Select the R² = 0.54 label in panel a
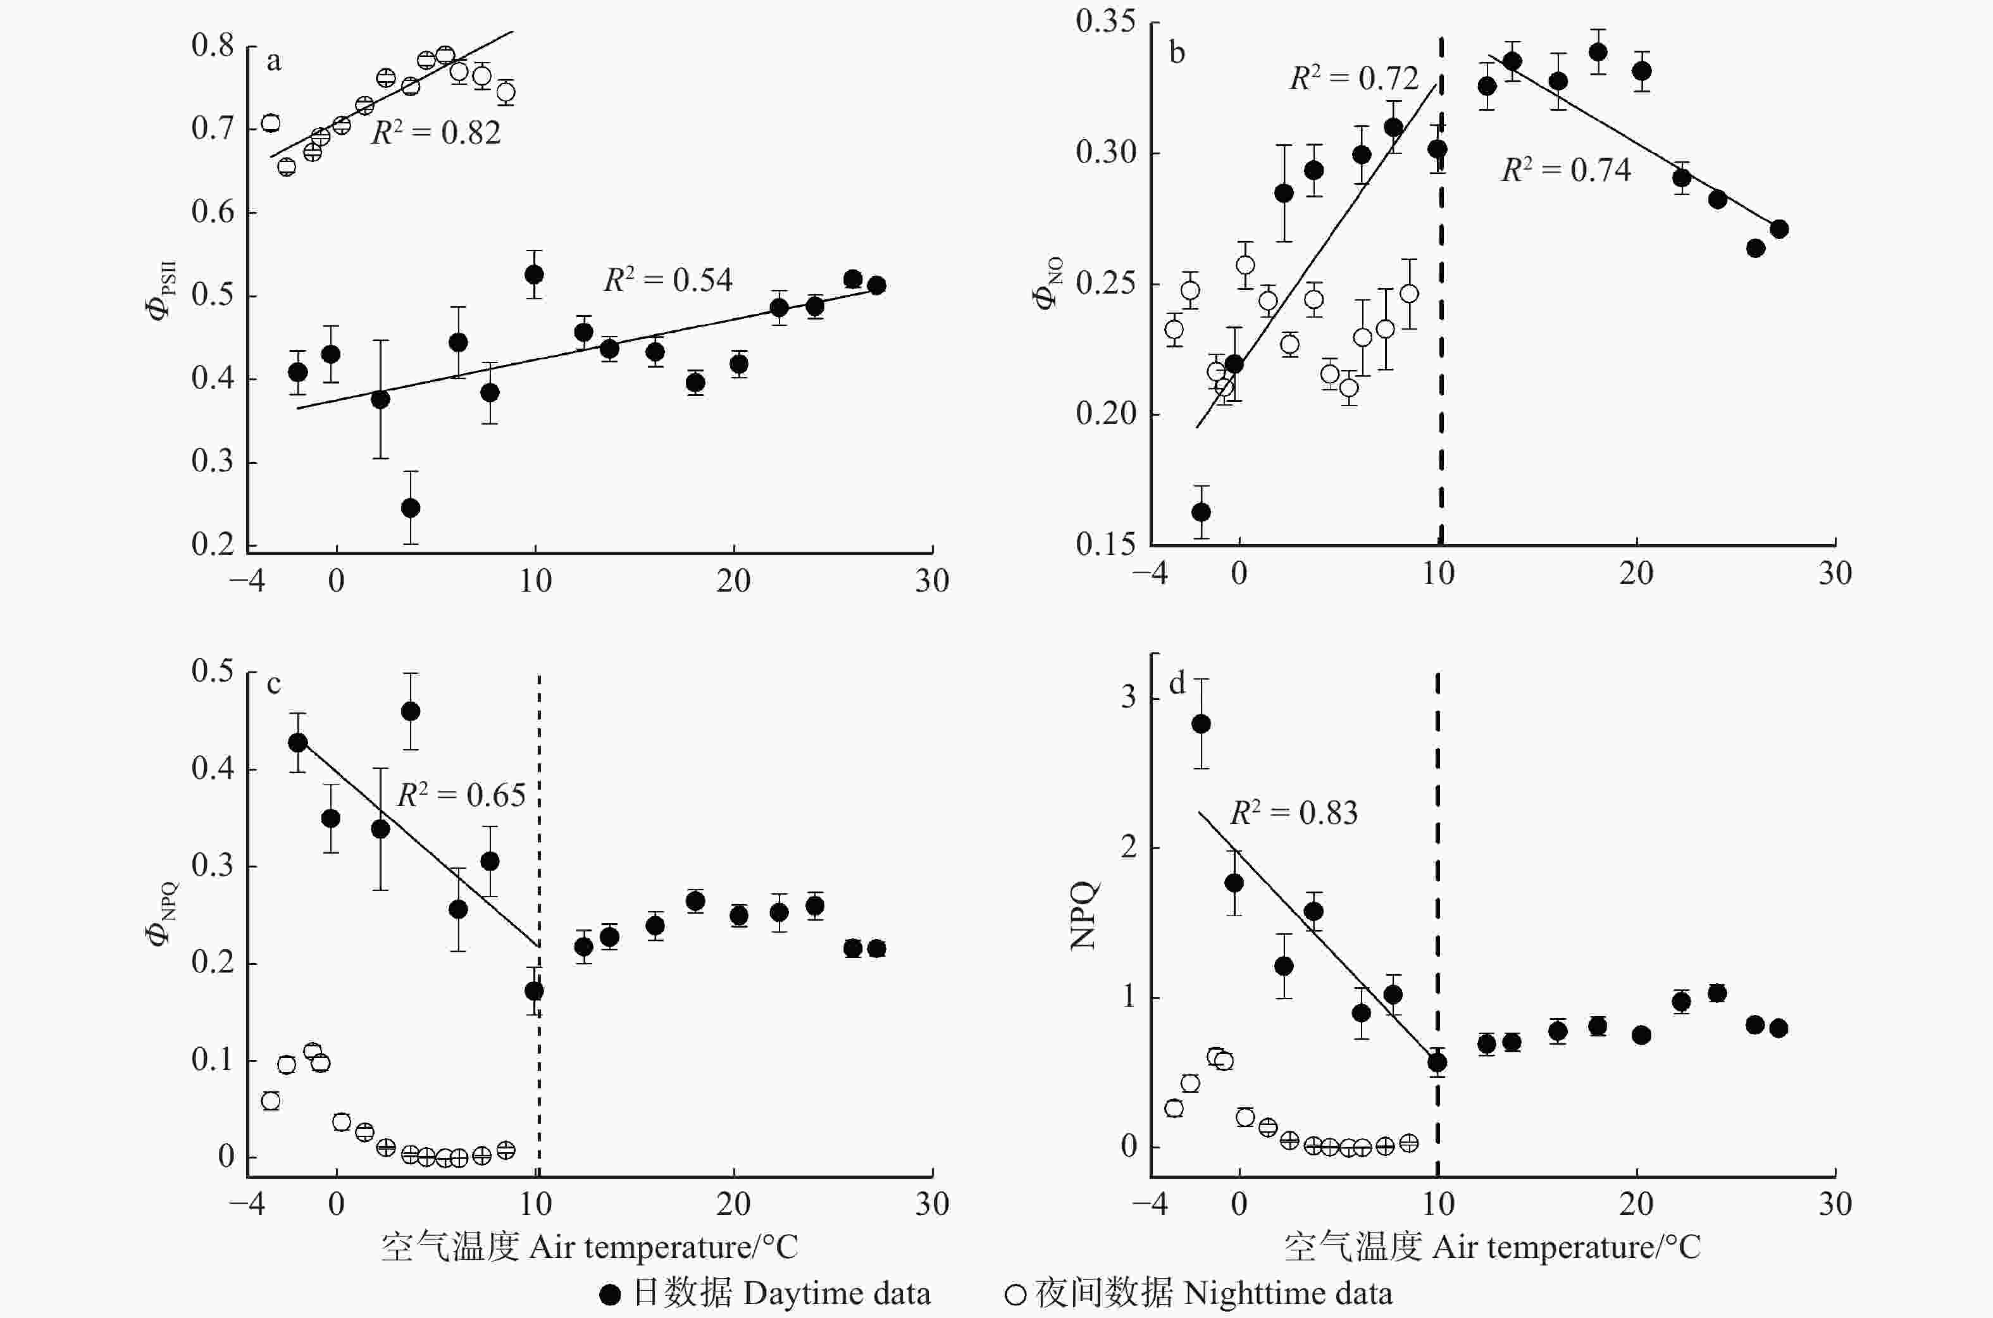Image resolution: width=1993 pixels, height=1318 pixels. coord(667,279)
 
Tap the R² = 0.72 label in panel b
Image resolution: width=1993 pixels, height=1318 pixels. coord(1353,78)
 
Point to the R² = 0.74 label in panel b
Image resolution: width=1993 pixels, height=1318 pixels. coord(1566,170)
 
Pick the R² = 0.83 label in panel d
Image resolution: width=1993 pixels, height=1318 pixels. coord(1294,813)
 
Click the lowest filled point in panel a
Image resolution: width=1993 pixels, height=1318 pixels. coord(410,507)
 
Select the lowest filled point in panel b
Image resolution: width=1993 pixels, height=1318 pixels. coord(1201,512)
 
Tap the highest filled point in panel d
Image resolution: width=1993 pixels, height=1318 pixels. coord(1201,724)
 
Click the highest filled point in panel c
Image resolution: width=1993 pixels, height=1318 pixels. coord(410,711)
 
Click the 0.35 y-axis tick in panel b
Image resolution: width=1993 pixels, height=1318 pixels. coord(1105,21)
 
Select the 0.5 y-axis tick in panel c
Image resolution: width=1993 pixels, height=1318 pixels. coord(212,671)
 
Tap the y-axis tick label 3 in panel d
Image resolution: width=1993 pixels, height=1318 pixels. coord(1128,697)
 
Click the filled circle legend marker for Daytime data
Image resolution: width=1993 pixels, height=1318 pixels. coord(611,1295)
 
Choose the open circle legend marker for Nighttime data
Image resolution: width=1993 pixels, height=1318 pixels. coord(1015,1295)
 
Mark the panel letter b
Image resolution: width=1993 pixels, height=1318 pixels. coord(1177,53)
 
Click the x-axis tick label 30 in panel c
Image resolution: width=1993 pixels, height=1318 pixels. coord(932,1205)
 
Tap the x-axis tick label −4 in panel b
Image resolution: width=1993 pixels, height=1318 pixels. coord(1149,573)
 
